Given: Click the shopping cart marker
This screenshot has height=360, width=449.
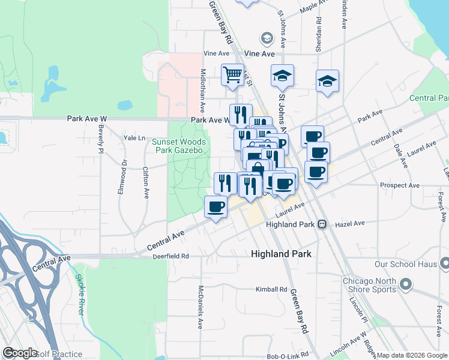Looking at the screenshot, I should [232, 76].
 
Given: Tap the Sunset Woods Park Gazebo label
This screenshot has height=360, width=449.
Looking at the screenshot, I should [179, 146].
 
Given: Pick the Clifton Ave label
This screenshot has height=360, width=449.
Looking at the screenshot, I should [146, 182].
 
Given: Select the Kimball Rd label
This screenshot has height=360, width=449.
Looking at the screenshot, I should [271, 289].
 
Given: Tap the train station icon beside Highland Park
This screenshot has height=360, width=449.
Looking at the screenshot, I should [322, 224].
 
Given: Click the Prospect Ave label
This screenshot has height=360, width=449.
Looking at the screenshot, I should [400, 185].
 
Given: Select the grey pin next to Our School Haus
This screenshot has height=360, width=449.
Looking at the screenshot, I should [444, 263].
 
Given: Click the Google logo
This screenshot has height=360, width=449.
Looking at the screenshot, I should [20, 353].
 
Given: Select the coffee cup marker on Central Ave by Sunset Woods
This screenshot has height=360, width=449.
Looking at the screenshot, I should [216, 208].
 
